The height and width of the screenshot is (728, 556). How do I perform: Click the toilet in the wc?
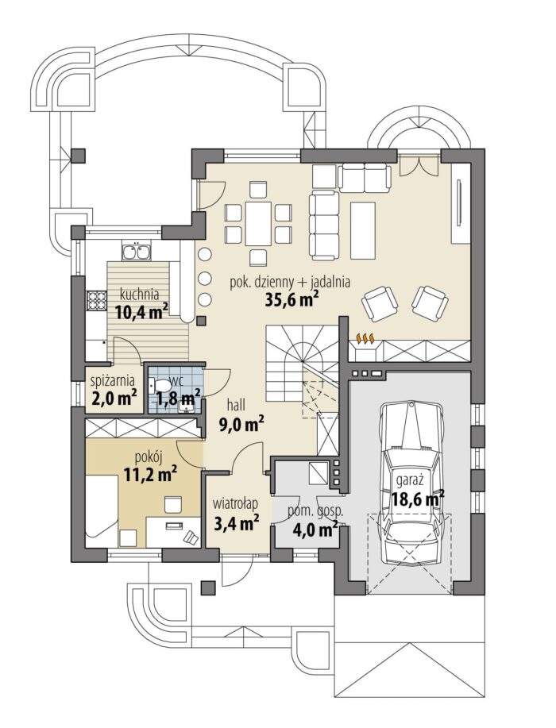tap(160, 385)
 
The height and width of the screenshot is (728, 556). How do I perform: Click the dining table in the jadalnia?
tap(258, 224)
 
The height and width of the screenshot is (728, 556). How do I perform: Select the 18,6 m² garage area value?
tap(418, 499)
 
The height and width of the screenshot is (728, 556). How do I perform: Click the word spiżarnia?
tap(114, 381)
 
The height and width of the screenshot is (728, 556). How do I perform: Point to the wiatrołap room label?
tap(235, 503)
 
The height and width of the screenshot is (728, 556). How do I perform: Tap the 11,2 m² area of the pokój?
tap(150, 473)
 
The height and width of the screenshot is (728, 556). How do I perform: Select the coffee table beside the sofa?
tap(362, 230)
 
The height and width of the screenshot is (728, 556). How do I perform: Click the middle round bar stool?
tap(205, 278)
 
